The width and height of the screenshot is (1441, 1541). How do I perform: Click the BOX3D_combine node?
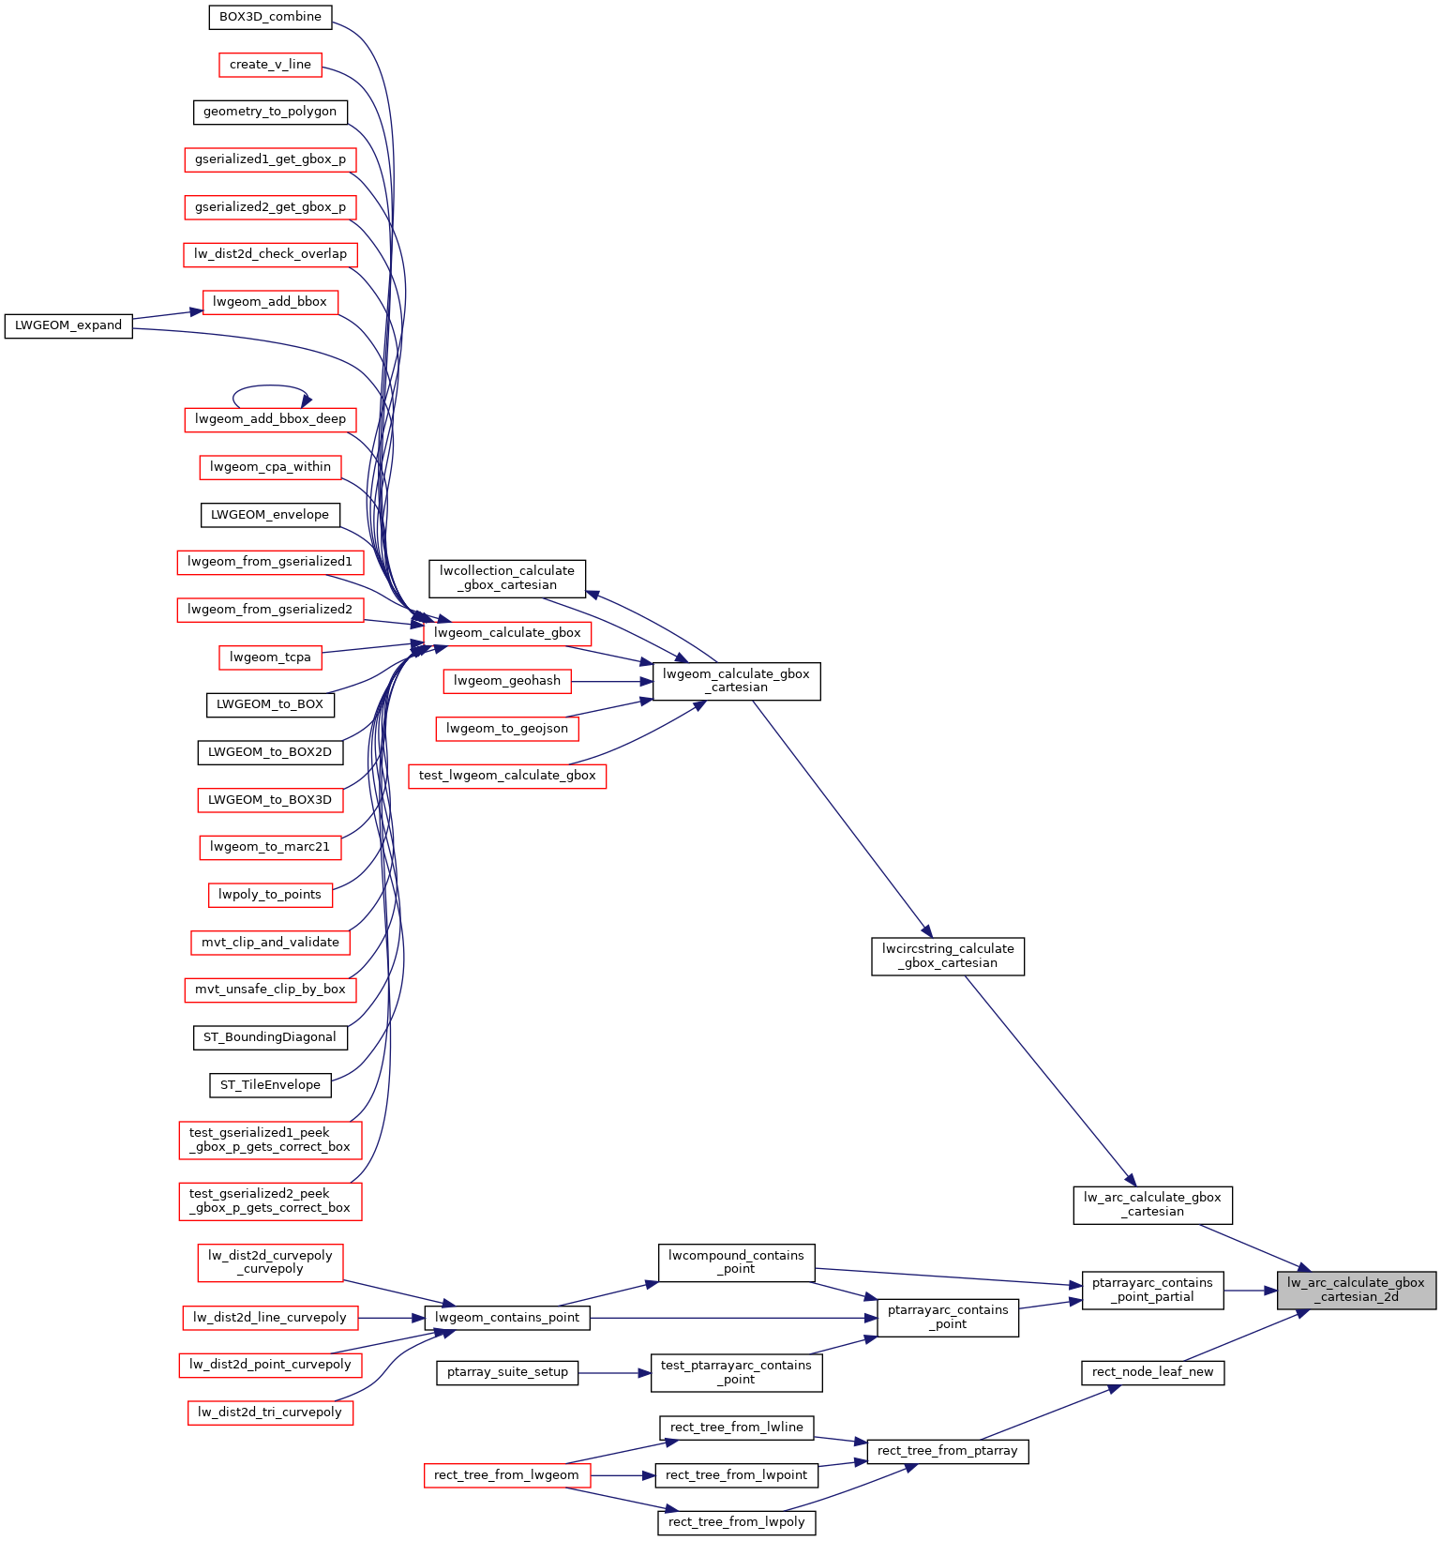tap(270, 17)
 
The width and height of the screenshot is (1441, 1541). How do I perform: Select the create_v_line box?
tap(270, 65)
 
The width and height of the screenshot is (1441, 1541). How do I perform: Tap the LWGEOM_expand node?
tap(68, 325)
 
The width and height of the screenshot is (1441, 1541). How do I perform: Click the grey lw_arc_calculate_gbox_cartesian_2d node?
tap(1356, 1291)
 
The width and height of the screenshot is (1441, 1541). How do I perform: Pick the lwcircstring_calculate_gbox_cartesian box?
tap(948, 957)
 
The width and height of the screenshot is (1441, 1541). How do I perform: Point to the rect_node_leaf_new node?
tap(1152, 1372)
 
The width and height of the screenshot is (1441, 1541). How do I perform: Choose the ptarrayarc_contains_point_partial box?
tap(1152, 1291)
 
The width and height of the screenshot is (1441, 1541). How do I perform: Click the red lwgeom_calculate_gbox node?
tap(507, 633)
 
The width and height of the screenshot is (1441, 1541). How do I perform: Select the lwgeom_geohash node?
tap(507, 681)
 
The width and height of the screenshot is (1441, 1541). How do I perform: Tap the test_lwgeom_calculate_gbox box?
tap(507, 776)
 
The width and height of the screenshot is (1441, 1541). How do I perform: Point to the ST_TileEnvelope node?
tap(270, 1085)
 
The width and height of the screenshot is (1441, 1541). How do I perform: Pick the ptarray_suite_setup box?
tap(507, 1372)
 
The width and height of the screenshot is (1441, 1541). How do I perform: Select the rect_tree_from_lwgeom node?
tap(507, 1475)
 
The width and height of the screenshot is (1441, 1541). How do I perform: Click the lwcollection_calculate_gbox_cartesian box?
tap(507, 579)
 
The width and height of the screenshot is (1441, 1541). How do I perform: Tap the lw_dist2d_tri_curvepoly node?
tap(270, 1413)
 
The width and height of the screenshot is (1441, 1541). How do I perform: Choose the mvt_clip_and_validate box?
tap(270, 943)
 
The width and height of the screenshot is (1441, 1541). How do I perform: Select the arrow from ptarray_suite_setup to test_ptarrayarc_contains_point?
tap(615, 1373)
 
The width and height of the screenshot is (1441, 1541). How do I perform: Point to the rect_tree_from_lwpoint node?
tap(736, 1475)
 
